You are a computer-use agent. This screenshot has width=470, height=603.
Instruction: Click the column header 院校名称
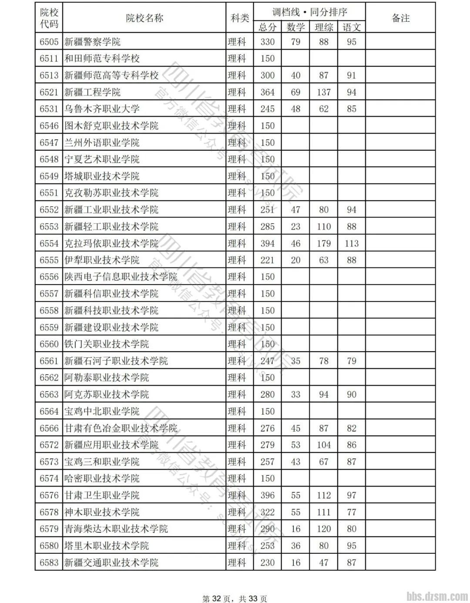[144, 18]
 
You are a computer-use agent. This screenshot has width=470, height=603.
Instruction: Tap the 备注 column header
[400, 18]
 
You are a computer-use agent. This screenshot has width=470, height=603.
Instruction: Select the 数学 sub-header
[295, 27]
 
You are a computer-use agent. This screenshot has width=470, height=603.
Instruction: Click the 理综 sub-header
[323, 27]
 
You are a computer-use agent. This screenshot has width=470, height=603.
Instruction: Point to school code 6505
[49, 42]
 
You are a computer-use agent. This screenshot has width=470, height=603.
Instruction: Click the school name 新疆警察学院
[92, 42]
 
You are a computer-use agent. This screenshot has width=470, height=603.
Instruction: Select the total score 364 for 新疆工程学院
[267, 92]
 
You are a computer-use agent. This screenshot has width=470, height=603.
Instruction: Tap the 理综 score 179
[323, 244]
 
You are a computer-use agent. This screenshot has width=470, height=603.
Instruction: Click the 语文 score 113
[351, 244]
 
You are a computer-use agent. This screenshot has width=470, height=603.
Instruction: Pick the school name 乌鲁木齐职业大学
[102, 109]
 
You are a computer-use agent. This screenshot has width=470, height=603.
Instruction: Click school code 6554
[49, 244]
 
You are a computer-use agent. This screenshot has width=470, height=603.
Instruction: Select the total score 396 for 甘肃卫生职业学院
[267, 495]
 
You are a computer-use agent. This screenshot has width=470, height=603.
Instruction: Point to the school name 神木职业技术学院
[102, 512]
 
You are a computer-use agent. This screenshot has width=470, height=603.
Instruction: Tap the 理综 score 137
[323, 92]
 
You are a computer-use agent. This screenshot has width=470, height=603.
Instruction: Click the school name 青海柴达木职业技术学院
[116, 529]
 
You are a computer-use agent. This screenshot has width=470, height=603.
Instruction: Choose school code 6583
[49, 562]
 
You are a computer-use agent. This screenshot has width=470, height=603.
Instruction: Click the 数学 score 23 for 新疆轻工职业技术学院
[295, 227]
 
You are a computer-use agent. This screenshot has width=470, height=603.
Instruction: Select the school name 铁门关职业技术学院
[107, 344]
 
